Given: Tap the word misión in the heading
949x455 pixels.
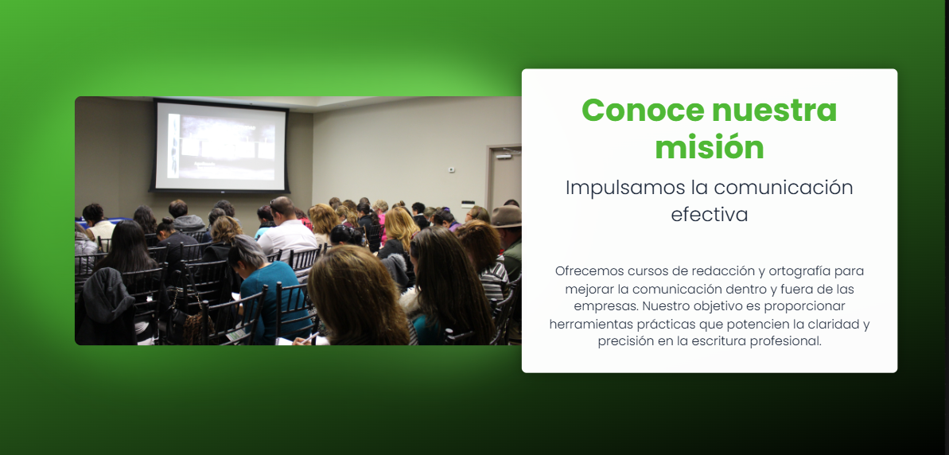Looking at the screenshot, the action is (x=710, y=148).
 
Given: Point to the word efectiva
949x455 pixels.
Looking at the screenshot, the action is (x=710, y=215).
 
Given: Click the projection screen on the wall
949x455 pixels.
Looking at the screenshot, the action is (x=220, y=146).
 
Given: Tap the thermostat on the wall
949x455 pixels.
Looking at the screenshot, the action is (x=452, y=169).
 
